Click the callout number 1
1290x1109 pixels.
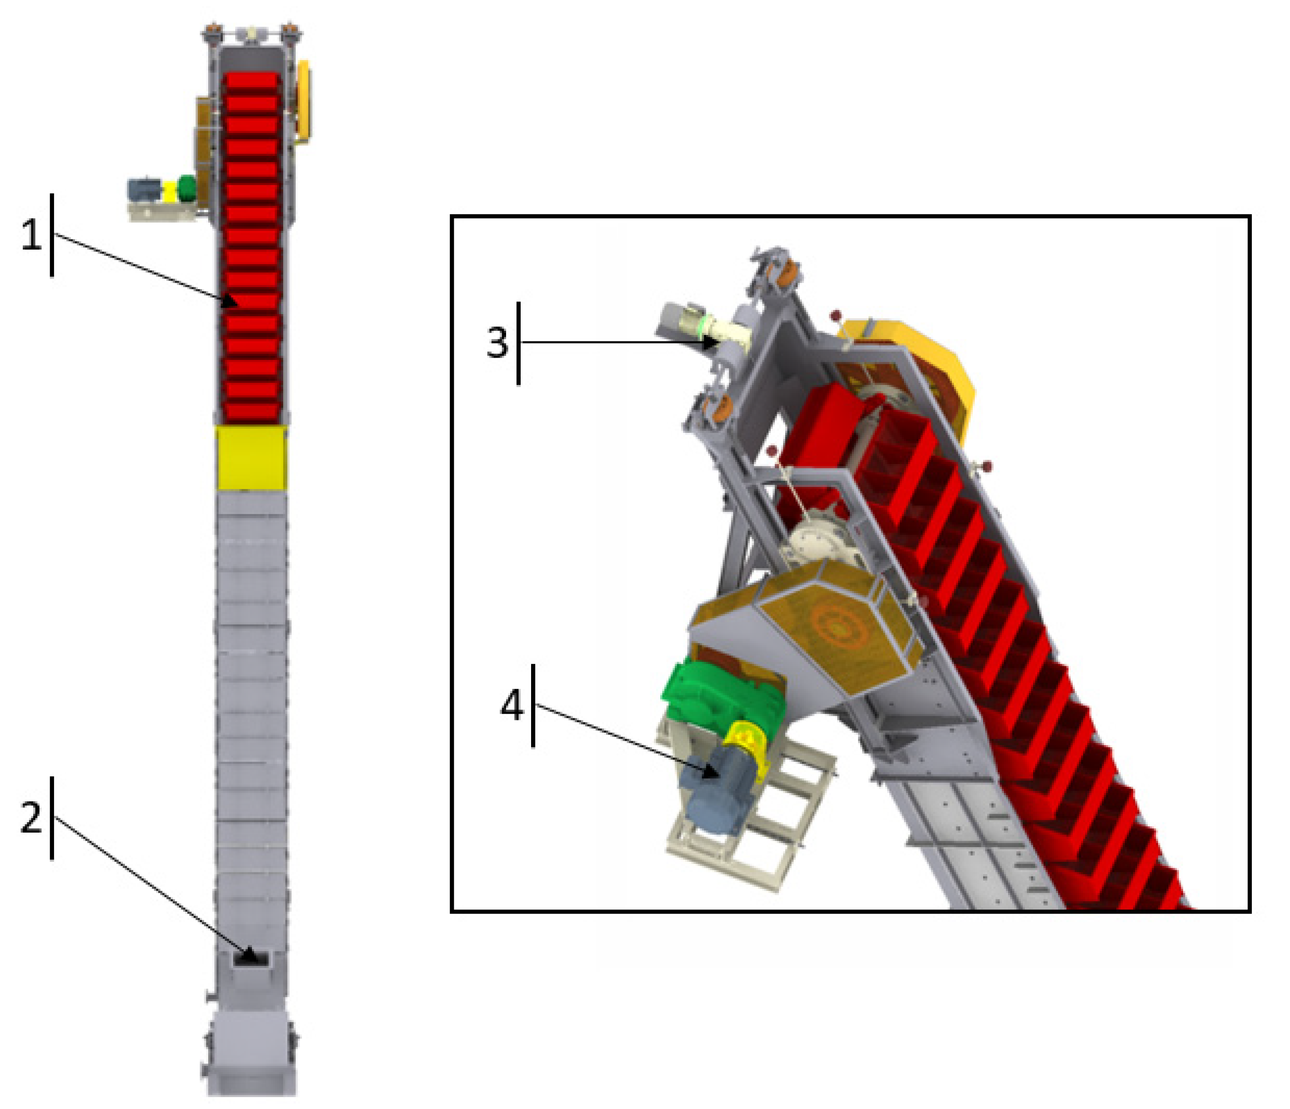click(x=31, y=236)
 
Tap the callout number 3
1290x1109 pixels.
click(x=497, y=343)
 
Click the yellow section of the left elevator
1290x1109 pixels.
click(x=251, y=459)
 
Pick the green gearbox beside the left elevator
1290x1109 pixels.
click(x=186, y=189)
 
